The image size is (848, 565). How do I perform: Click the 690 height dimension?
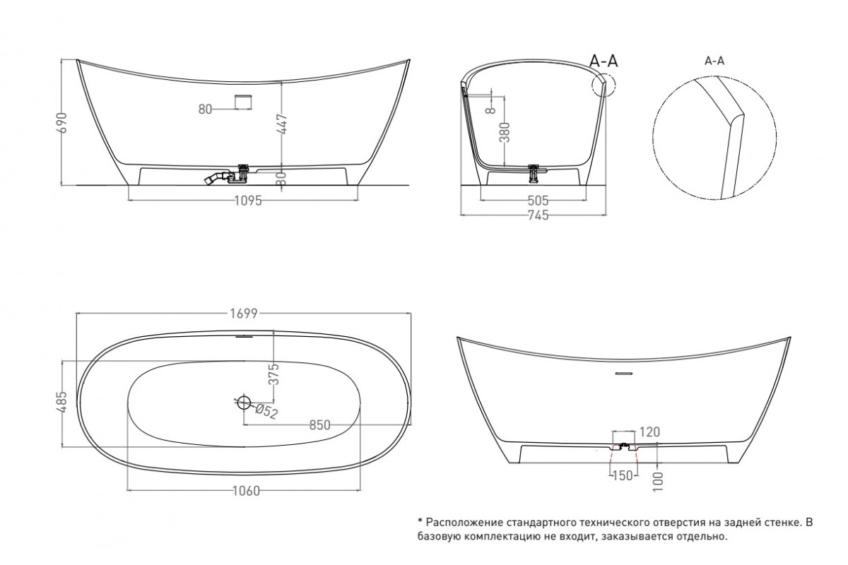tap(64, 122)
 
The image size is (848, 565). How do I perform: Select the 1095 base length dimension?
tap(248, 201)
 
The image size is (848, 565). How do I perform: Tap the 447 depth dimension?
tap(283, 124)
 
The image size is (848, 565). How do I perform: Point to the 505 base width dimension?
tap(538, 201)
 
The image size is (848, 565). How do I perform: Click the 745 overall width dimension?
tap(538, 215)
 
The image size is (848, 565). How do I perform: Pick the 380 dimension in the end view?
tap(505, 132)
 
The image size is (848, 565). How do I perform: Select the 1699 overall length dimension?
tap(244, 314)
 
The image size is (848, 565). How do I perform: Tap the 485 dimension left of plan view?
tap(63, 402)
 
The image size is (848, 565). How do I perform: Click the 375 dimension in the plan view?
tap(274, 374)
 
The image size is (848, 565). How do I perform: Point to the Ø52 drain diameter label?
tap(266, 411)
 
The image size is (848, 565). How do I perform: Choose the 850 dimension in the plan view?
tap(320, 425)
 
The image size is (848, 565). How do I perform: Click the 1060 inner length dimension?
tap(246, 491)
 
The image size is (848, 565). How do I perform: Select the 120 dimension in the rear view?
tap(649, 432)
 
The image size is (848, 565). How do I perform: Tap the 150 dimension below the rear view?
tap(623, 476)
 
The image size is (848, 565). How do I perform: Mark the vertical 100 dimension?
tap(659, 482)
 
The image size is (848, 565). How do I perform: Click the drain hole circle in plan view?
tap(245, 403)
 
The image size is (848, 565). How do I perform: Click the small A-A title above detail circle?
tap(714, 61)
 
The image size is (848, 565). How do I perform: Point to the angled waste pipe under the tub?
tap(216, 178)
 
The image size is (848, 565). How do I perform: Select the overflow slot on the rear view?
tap(623, 374)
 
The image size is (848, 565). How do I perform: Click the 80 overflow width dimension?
tap(205, 109)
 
